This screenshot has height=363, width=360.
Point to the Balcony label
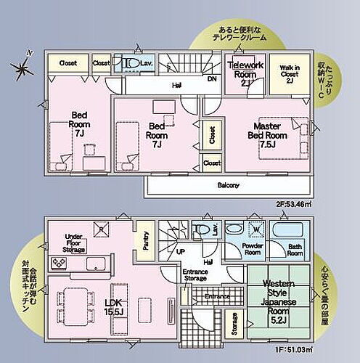point(228,186)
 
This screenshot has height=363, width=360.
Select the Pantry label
point(146,240)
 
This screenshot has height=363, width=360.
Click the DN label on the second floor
point(211,79)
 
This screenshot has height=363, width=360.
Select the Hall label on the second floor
point(176,85)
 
